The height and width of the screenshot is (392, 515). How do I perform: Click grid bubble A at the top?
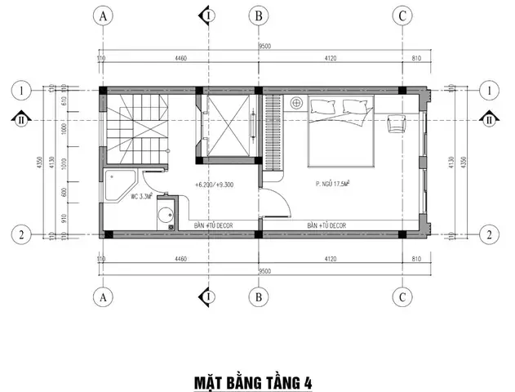pos(104,16)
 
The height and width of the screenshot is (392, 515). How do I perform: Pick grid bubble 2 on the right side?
pos(488,234)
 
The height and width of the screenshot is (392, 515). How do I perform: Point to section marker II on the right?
pos(488,119)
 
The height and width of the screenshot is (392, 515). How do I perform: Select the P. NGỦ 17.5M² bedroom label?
pos(338,185)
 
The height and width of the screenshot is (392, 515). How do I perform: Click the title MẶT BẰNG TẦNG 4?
pos(252,381)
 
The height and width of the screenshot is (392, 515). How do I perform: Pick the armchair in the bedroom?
pos(397,123)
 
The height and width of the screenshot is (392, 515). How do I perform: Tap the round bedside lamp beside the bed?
pos(295,104)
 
